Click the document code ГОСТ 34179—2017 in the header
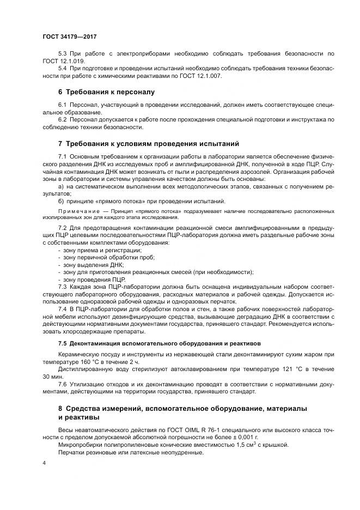(70, 37)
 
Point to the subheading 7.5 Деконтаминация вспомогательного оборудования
(160, 344)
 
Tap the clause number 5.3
(63, 54)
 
